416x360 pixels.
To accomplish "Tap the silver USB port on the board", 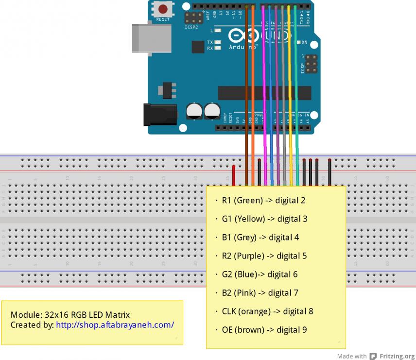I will click(151, 38).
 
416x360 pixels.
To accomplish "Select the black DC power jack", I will click(159, 115).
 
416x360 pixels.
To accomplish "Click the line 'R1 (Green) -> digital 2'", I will click(263, 200).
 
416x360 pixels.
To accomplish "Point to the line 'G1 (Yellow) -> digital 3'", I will click(264, 219).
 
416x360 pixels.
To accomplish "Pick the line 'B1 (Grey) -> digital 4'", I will click(260, 237).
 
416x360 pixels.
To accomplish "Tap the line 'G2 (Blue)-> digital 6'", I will click(260, 274).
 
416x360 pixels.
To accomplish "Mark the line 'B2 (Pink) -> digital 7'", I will click(260, 292).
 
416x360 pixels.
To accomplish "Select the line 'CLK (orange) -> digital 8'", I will click(267, 311).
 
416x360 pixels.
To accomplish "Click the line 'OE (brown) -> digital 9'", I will click(264, 329).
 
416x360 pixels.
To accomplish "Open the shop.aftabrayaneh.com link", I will click(115, 325).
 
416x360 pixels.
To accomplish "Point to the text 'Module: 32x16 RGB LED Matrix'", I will click(70, 315).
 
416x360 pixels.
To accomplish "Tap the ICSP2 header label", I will click(191, 28).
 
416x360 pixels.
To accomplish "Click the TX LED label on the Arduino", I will click(210, 42).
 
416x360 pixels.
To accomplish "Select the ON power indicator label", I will click(304, 43).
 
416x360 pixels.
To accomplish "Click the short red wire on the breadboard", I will click(234, 175).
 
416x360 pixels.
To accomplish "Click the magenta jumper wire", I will click(264, 97).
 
